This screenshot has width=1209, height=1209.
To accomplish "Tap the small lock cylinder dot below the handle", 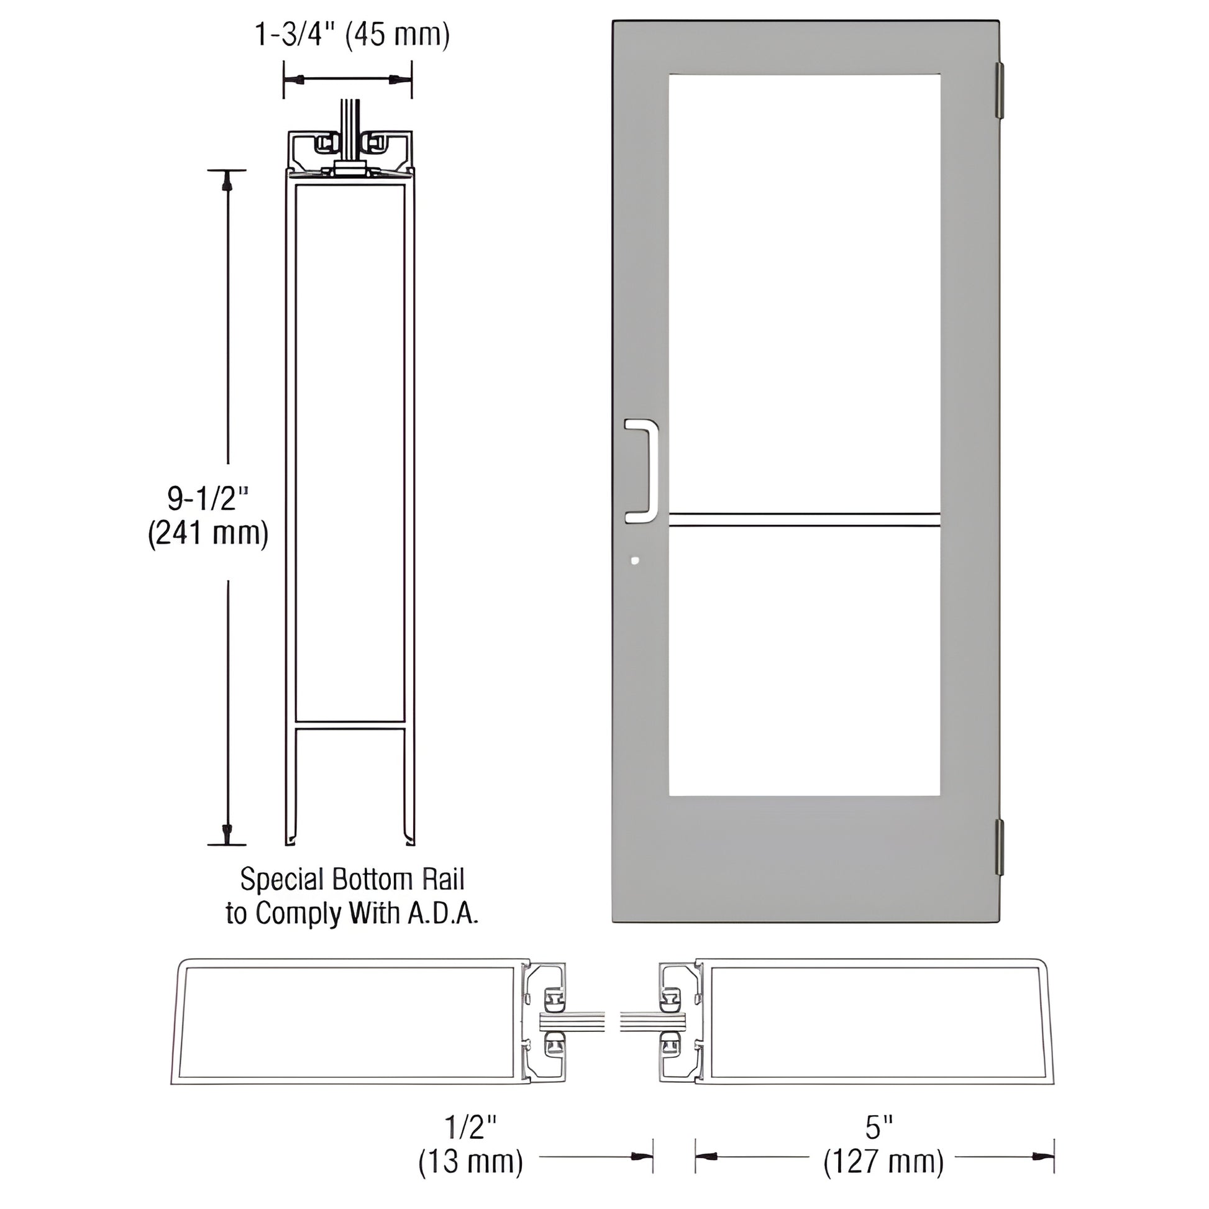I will tap(635, 560).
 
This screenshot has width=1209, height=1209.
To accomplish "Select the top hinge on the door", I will tap(1000, 89).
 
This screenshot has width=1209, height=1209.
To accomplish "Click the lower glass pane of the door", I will tap(804, 660).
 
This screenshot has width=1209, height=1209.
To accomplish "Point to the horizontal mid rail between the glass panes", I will tap(804, 519).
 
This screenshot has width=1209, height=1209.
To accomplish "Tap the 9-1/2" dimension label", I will tap(208, 499).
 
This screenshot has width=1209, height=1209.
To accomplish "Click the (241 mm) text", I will tap(208, 534).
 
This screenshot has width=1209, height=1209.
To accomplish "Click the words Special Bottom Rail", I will tap(352, 879).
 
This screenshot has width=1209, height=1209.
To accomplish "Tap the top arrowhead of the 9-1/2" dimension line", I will tap(227, 181).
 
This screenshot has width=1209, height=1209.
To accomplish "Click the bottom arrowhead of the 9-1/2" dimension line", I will tap(227, 833).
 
